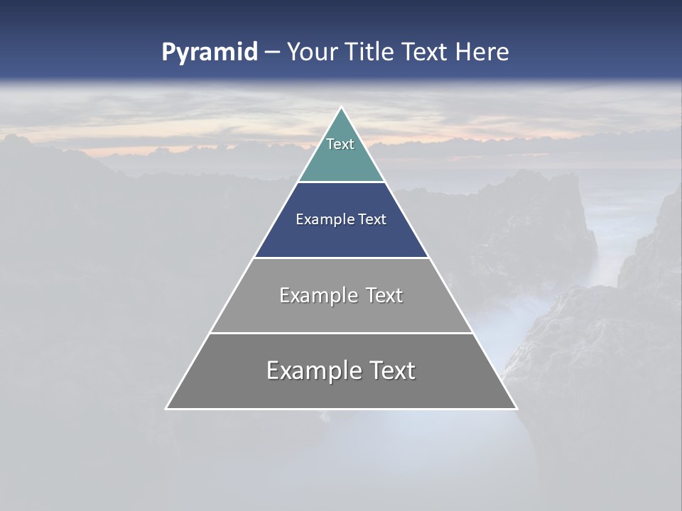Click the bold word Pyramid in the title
click(209, 53)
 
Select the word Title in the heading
click(369, 52)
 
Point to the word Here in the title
click(482, 52)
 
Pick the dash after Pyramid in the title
click(271, 53)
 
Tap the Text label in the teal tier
click(340, 144)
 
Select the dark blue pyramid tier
click(341, 238)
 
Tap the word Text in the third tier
click(384, 295)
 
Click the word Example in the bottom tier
click(313, 370)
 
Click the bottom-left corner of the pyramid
click(168, 407)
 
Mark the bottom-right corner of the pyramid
click(515, 407)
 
